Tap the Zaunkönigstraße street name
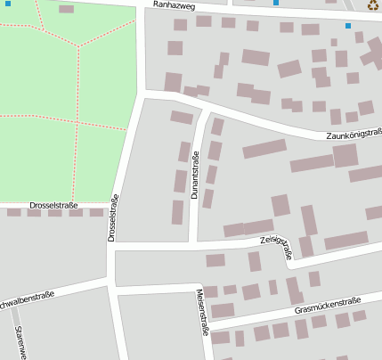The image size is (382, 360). click(354, 134)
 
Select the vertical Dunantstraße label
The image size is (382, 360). click(194, 175)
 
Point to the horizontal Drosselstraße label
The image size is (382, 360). click(53, 206)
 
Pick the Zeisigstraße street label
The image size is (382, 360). click(276, 246)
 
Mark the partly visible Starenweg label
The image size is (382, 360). click(20, 342)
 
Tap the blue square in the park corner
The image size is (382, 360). click(8, 4)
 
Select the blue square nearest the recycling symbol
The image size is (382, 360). click(348, 26)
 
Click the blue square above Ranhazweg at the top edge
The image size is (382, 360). click(276, 3)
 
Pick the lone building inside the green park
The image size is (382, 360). click(66, 9)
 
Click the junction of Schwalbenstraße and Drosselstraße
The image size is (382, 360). click(112, 283)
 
